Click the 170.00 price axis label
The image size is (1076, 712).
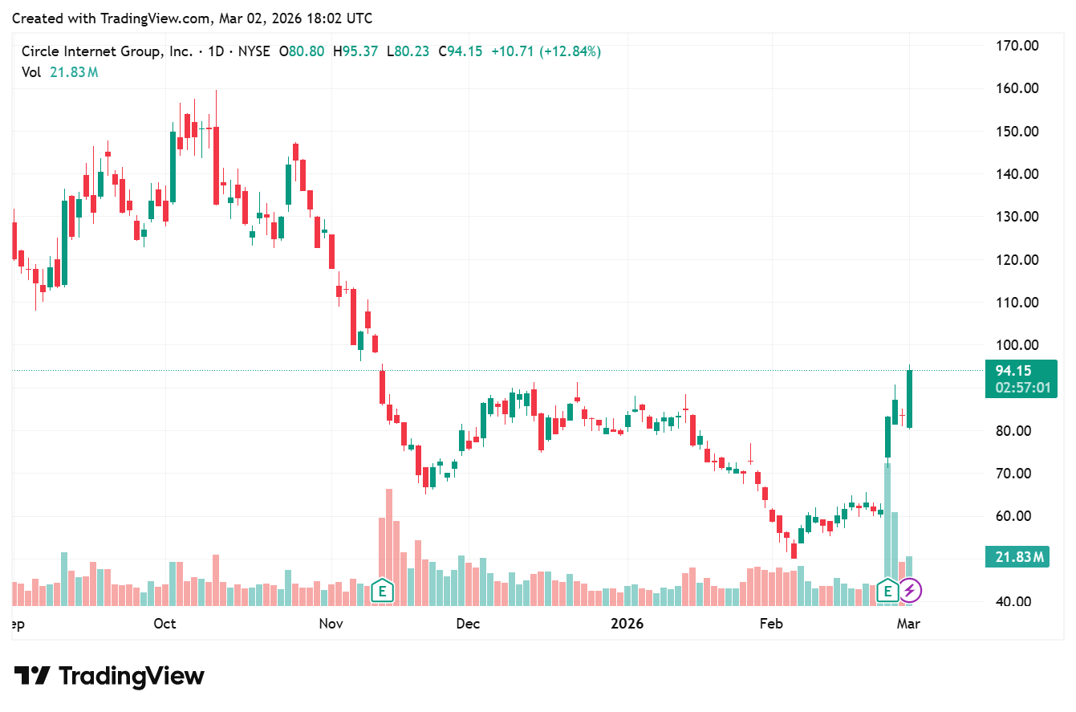tap(1016, 46)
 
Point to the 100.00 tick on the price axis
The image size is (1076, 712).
tap(1016, 345)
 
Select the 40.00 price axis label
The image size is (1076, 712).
tap(1016, 602)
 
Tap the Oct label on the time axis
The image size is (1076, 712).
tap(165, 624)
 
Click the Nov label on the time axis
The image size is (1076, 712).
tap(331, 624)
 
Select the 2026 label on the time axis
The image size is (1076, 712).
tap(627, 624)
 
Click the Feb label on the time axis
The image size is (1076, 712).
tap(771, 624)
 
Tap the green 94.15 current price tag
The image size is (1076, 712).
tap(1013, 371)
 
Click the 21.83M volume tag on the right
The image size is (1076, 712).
tap(1016, 556)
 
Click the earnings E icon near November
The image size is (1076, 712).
tap(383, 592)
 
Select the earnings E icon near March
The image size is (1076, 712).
tap(887, 592)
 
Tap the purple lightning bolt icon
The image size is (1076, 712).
tap(909, 592)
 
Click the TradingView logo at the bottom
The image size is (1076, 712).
tap(110, 676)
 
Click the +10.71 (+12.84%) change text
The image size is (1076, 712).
tap(546, 51)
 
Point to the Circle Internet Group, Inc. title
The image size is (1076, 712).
tap(107, 51)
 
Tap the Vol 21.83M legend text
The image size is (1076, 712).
tap(60, 72)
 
